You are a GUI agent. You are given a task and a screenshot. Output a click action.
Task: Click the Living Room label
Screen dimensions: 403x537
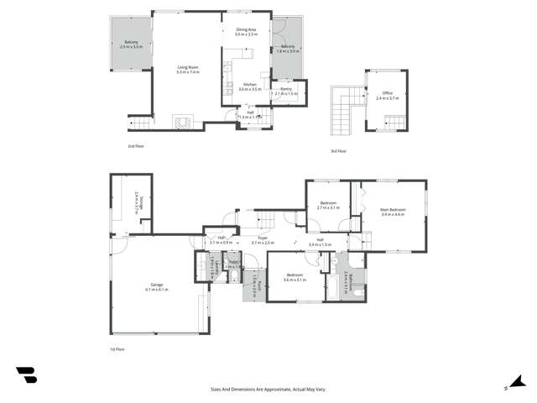(x=187, y=70)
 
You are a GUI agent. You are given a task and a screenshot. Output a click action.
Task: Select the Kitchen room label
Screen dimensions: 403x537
(x=250, y=86)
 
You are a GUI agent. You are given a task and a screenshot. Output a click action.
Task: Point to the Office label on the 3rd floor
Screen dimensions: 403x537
(x=387, y=96)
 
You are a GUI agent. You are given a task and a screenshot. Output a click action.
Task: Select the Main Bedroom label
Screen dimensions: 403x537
(x=393, y=212)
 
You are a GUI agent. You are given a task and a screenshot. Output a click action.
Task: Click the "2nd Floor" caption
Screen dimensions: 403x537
(x=135, y=146)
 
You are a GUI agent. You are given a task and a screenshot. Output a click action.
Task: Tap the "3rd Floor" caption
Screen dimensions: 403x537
(x=337, y=151)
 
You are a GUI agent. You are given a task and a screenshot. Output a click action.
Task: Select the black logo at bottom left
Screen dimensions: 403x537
(x=26, y=375)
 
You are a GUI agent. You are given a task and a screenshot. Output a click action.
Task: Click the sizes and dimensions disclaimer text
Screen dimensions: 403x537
(x=268, y=390)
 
